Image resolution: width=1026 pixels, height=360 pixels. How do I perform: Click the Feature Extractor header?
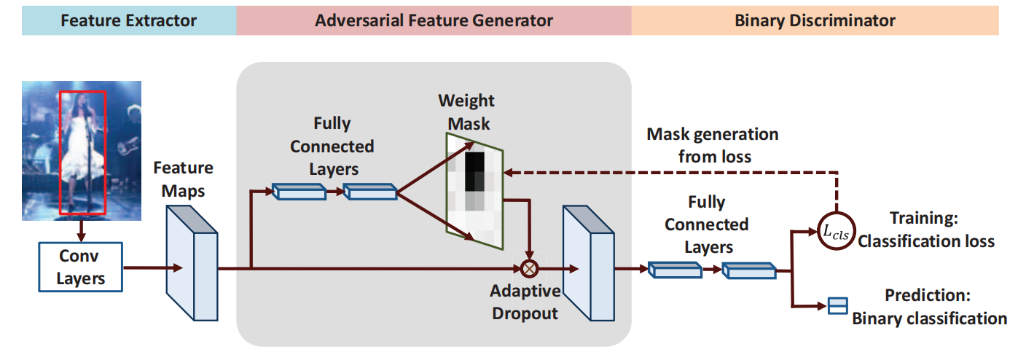tap(128, 20)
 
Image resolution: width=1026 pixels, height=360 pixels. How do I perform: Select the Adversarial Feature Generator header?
tap(434, 20)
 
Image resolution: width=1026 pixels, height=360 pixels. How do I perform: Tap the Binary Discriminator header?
tap(815, 20)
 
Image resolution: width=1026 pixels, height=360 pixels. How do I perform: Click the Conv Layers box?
tap(80, 267)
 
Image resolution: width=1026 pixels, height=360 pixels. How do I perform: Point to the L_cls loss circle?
tap(836, 230)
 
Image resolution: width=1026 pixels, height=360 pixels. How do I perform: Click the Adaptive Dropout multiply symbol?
tap(529, 268)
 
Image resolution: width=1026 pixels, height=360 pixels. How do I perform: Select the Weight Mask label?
tap(466, 111)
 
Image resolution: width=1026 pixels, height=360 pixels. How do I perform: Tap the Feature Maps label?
tap(183, 178)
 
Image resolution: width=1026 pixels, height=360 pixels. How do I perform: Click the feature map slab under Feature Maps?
tap(192, 262)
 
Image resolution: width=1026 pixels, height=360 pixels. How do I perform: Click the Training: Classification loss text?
tap(925, 229)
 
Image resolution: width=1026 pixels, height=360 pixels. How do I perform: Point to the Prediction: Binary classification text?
tap(930, 307)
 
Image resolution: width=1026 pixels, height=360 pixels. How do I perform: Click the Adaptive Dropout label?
tap(525, 302)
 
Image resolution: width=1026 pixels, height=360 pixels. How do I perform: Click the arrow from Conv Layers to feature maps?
tap(146, 268)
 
